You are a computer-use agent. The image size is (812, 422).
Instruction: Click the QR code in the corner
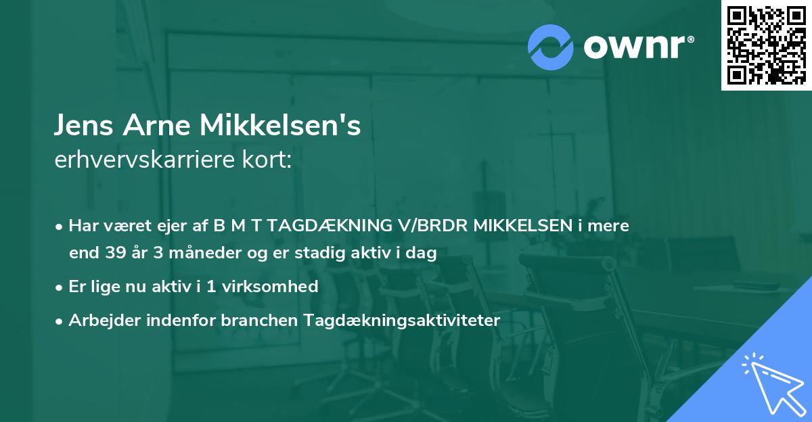766,45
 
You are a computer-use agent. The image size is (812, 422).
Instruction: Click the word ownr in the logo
638,46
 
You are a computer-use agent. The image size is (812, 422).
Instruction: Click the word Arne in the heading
158,126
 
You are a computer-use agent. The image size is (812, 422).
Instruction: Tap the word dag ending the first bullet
423,254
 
